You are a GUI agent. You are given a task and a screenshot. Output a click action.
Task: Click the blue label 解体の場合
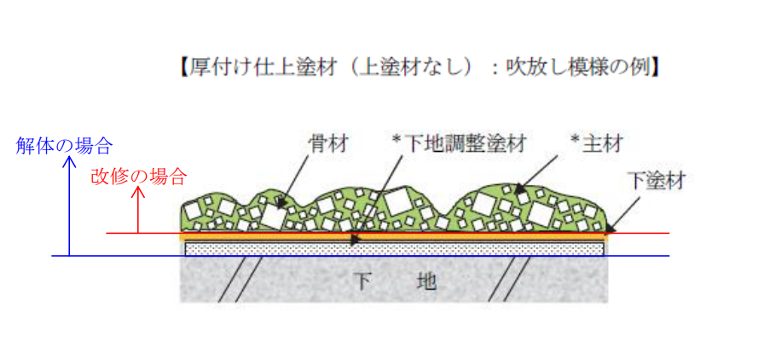click(x=64, y=145)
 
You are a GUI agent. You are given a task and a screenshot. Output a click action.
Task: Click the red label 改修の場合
click(x=137, y=177)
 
